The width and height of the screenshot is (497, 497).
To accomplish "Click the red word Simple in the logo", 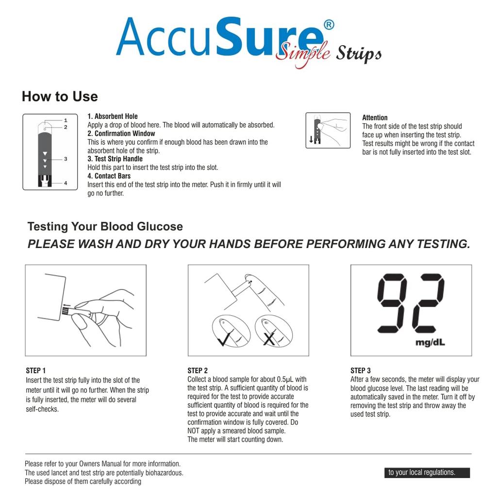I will (x=302, y=53).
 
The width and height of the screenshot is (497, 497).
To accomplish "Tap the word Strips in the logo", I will (x=359, y=53).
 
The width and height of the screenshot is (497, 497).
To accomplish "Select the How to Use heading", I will (x=60, y=97).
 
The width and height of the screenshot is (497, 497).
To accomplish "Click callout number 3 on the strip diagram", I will (x=66, y=159).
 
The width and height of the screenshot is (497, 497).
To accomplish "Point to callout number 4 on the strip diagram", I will (x=66, y=183).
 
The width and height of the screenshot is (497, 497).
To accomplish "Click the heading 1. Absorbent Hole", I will (x=113, y=116).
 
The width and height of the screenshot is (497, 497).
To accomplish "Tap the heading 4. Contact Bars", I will (x=109, y=176).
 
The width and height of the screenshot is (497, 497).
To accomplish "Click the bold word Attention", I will (x=375, y=117).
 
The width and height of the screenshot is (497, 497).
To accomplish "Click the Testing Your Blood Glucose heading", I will (x=105, y=227).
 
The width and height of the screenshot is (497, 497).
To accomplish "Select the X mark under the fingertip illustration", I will (x=269, y=338).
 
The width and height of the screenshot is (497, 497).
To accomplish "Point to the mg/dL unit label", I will (x=430, y=343).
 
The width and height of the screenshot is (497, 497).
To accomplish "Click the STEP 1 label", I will (x=36, y=371).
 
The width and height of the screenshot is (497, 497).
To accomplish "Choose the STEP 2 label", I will (x=198, y=371).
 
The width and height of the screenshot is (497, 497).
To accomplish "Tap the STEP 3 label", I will (x=361, y=371).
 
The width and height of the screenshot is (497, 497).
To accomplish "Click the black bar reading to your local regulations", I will (x=427, y=473).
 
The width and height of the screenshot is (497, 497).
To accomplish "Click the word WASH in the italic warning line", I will (x=95, y=244).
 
